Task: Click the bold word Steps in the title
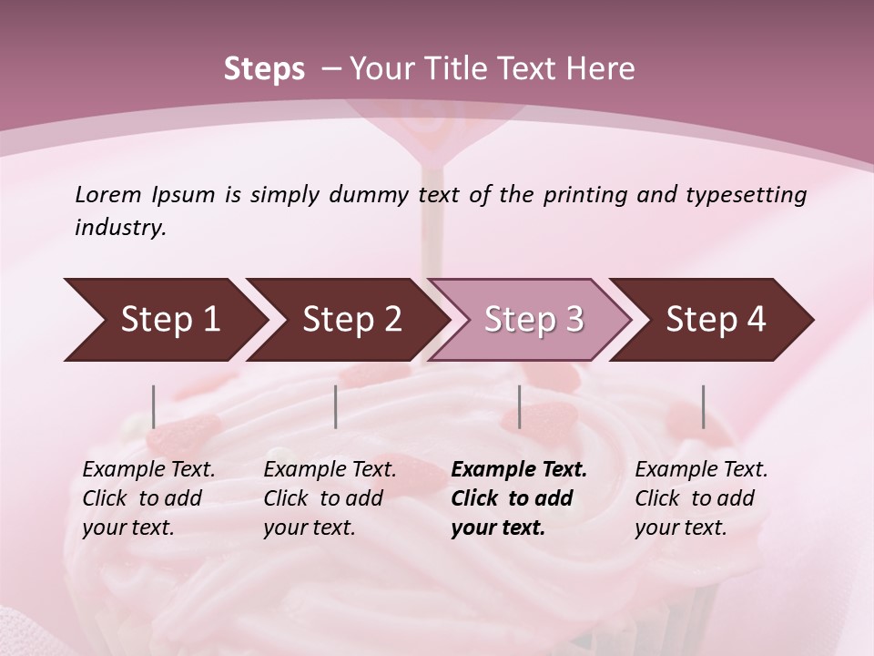264,69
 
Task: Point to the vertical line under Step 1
154,406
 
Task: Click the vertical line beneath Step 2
336,406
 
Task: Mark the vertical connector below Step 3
520,406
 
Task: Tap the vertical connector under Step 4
704,406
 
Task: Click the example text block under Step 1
148,498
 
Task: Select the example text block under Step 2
330,498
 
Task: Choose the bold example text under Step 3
519,498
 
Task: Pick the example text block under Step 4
701,498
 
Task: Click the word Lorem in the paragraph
107,194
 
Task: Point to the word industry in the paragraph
120,228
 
